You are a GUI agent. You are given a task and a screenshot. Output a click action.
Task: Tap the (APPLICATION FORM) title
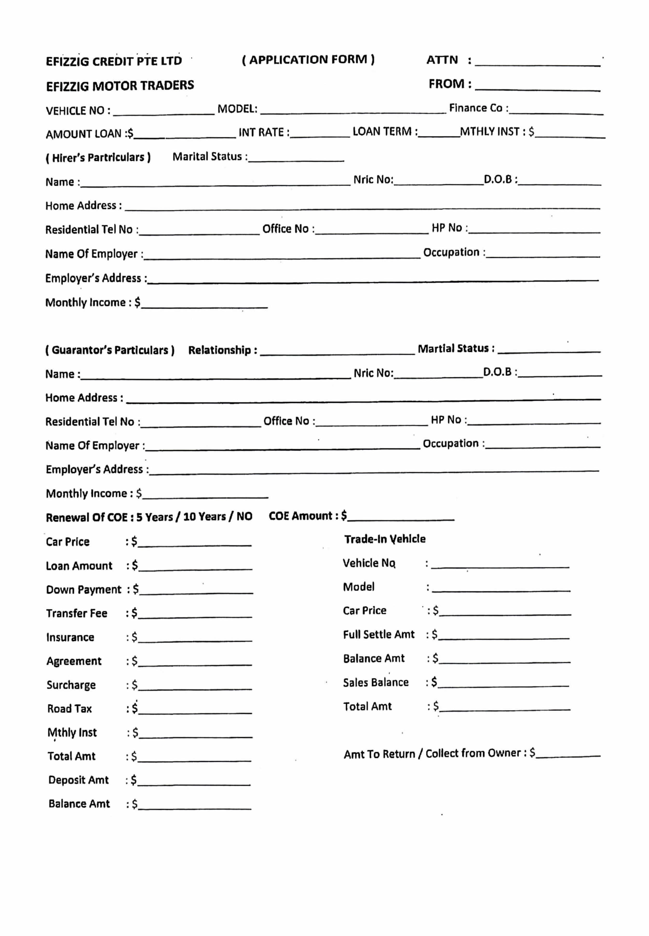point(308,60)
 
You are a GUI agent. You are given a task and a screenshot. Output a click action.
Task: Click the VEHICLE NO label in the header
point(78,111)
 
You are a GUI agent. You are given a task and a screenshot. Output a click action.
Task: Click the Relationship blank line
point(337,351)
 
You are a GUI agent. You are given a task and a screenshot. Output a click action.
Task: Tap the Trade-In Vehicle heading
point(385,539)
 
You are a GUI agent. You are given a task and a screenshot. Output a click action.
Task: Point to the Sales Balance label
point(376,682)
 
